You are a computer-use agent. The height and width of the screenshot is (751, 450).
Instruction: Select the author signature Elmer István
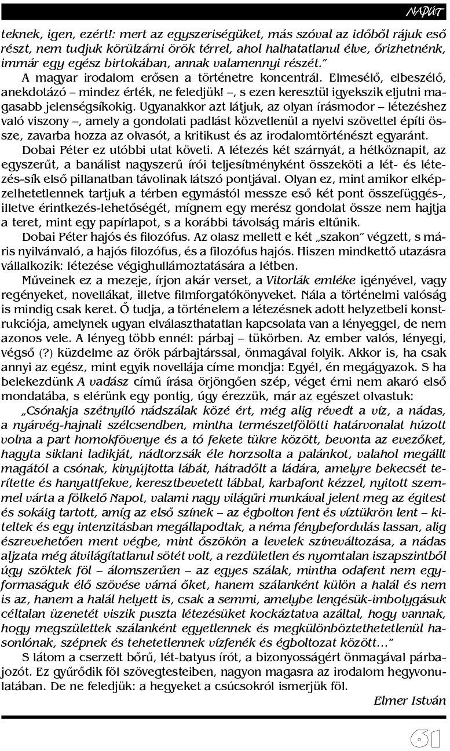(x=409, y=701)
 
